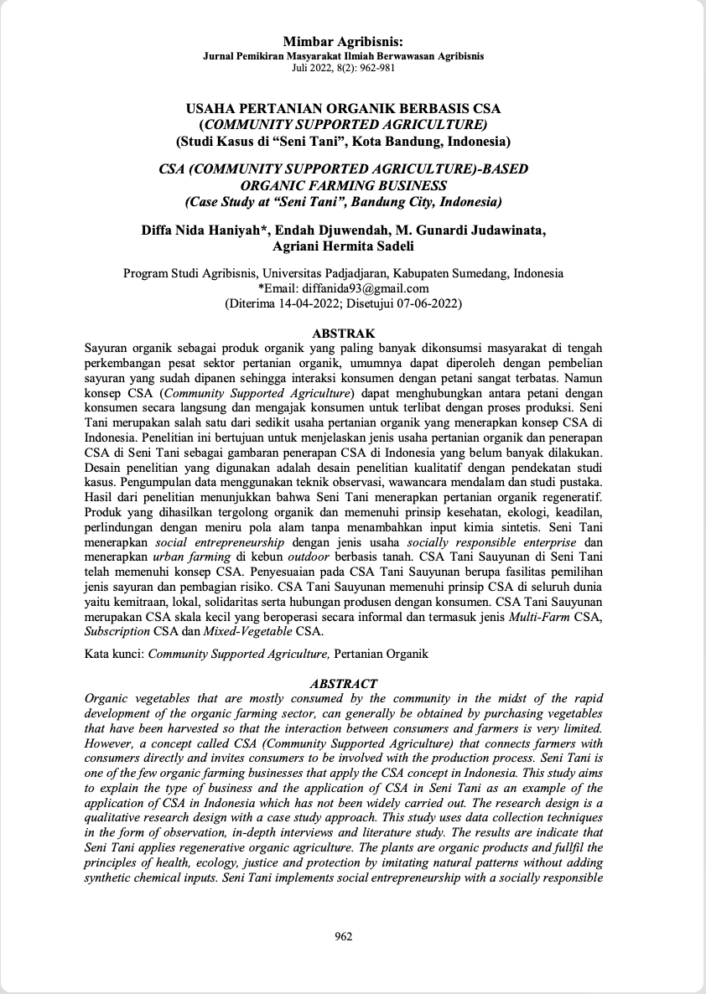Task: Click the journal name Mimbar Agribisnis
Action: click(x=343, y=41)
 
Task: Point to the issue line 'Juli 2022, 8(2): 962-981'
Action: click(x=343, y=66)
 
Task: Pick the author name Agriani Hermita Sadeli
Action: click(x=343, y=246)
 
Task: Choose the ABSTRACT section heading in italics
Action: click(x=343, y=684)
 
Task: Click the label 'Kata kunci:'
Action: click(x=115, y=654)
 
